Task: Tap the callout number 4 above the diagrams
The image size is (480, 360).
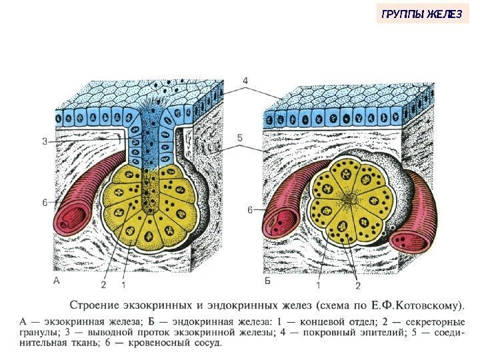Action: pos(245,80)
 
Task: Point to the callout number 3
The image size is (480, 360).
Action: pos(44,141)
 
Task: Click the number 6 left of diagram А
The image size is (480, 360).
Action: pos(44,203)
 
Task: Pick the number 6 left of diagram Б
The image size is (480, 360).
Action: pos(251,211)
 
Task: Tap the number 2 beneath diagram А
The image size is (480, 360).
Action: pos(103,285)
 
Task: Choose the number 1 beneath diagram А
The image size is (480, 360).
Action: pos(125,285)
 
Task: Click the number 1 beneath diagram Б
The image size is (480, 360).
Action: pos(318,285)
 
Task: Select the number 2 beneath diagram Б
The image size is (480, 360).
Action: pos(357,285)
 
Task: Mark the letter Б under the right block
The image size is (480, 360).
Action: pos(267,282)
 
